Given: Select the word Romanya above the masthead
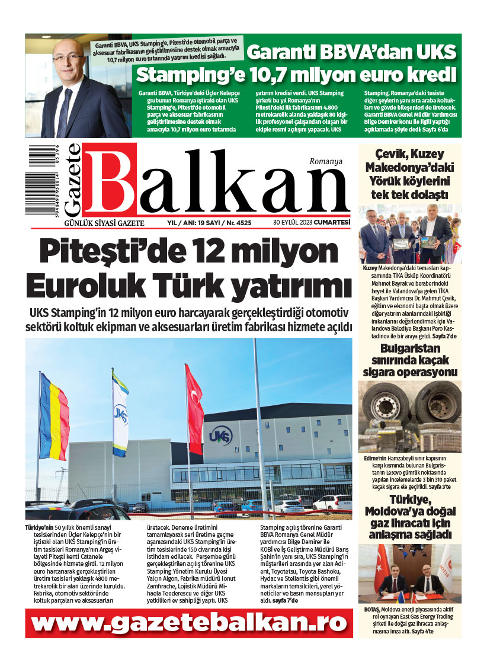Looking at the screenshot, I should [x=326, y=161].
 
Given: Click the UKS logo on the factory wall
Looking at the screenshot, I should [x=217, y=437].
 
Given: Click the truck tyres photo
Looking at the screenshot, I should [x=410, y=417].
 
